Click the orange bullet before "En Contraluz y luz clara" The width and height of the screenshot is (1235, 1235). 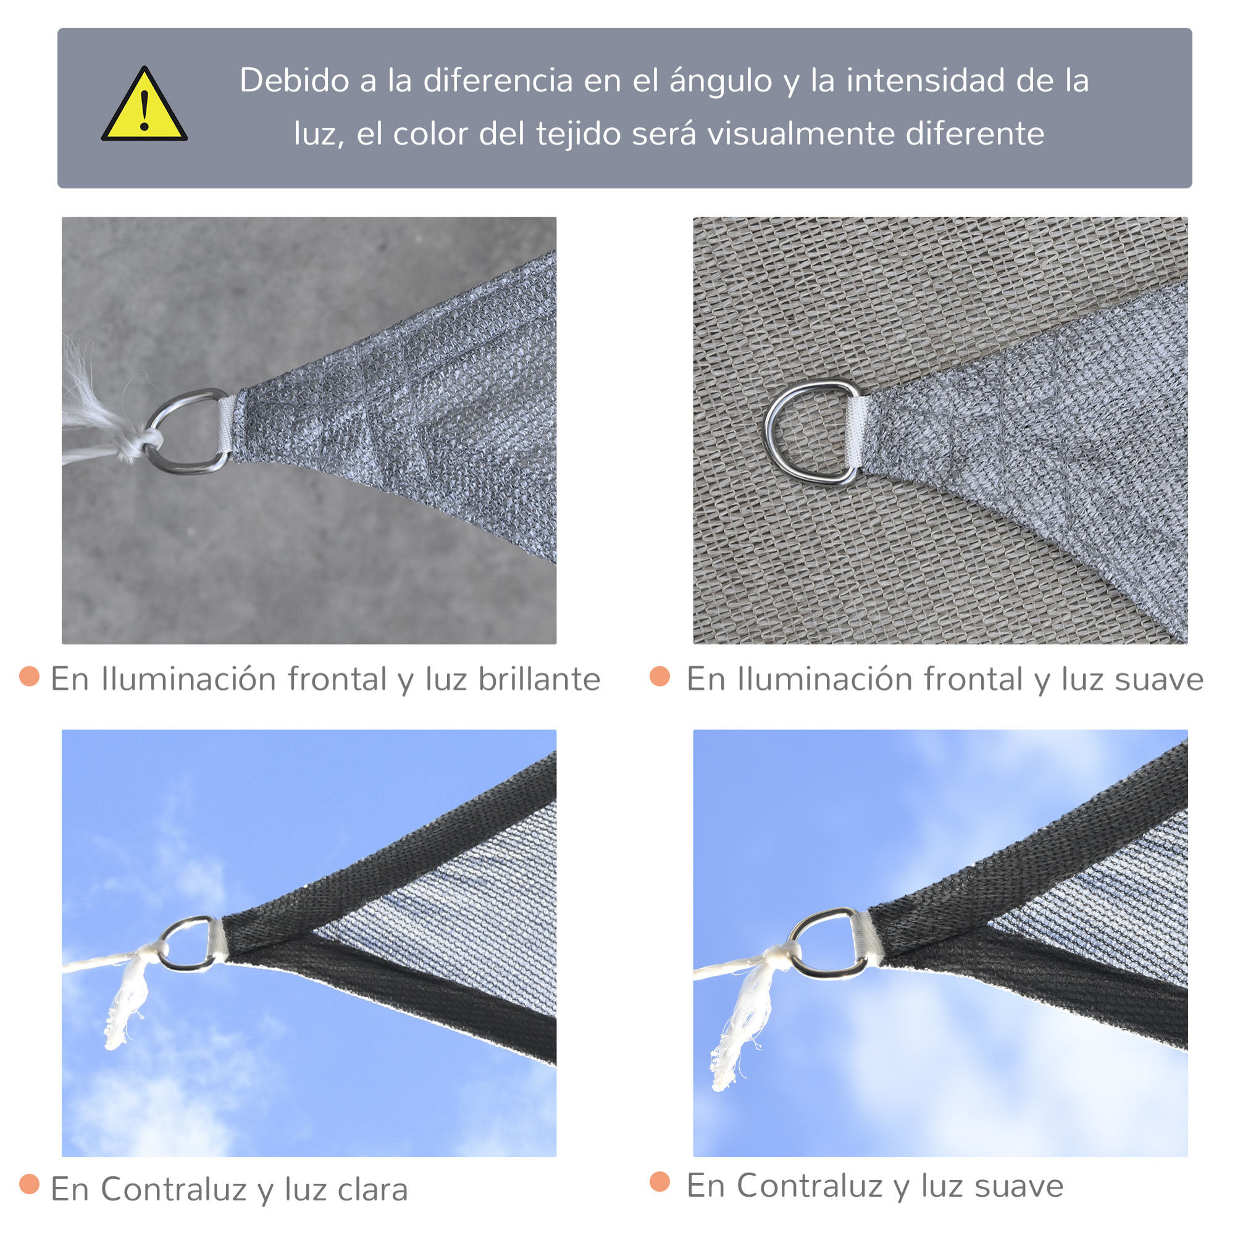30,1184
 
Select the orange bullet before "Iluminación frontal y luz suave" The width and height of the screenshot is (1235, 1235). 659,676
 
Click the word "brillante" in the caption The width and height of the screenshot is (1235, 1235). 539,679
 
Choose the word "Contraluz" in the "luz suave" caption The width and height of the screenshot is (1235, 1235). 809,1186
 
